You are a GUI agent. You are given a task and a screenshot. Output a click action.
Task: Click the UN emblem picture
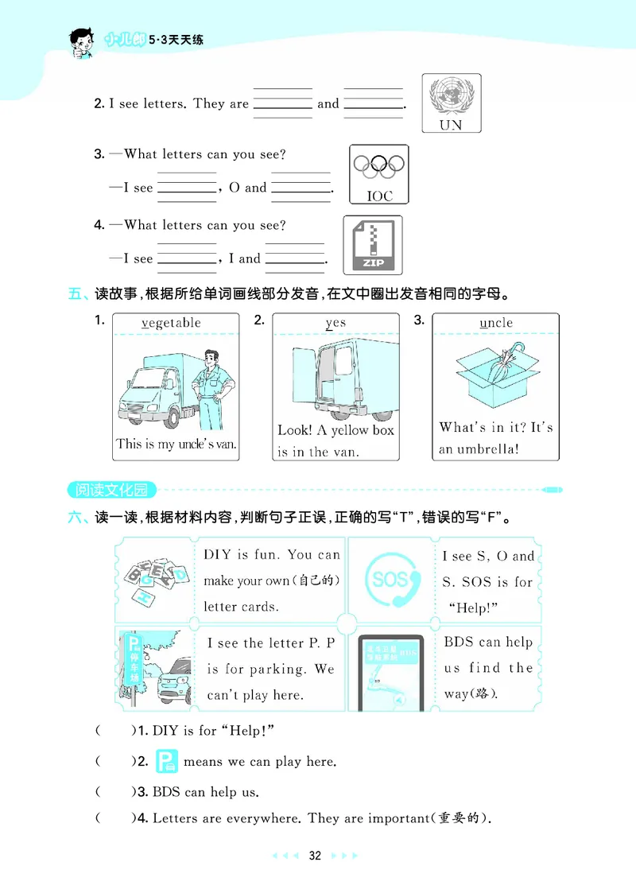point(451,103)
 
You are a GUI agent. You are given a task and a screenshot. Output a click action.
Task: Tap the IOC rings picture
point(379,174)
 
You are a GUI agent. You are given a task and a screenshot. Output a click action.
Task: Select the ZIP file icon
point(373,245)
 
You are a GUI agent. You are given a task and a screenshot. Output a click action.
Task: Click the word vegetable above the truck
point(171,323)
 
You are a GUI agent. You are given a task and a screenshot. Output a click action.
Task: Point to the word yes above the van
point(335,323)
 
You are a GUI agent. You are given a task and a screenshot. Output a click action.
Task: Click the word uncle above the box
point(496,323)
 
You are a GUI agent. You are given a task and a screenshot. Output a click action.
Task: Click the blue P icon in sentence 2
point(166,761)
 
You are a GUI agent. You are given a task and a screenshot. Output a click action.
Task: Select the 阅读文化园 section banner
point(112,489)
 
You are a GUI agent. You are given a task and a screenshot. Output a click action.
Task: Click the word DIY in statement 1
point(165,730)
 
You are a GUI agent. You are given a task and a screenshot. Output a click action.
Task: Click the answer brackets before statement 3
point(115,791)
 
